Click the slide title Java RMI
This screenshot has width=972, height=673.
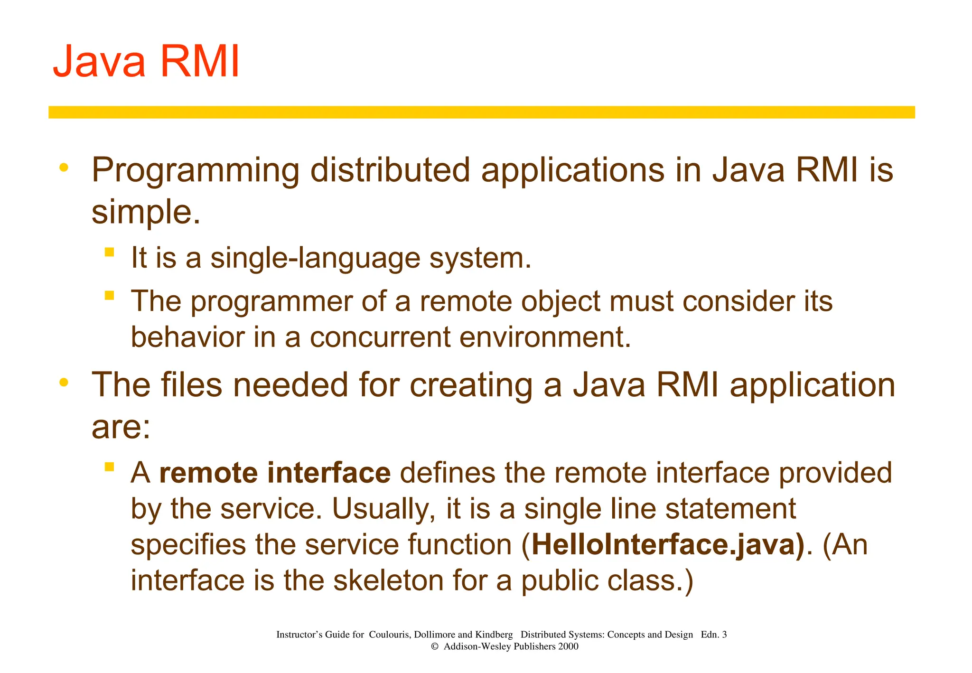tap(146, 62)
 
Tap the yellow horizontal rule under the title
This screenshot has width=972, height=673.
tap(481, 112)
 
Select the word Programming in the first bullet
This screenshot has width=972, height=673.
tap(195, 171)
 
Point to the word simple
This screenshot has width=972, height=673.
tap(145, 212)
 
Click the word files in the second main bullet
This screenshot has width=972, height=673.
tap(191, 385)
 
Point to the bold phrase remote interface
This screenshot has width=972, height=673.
tap(275, 473)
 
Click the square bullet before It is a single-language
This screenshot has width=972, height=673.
tap(110, 252)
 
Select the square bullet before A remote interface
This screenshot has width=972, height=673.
tap(110, 467)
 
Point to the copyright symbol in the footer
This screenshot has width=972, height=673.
tap(434, 646)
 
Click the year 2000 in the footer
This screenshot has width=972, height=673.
tap(568, 646)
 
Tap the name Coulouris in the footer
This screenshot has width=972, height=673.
tap(389, 635)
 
